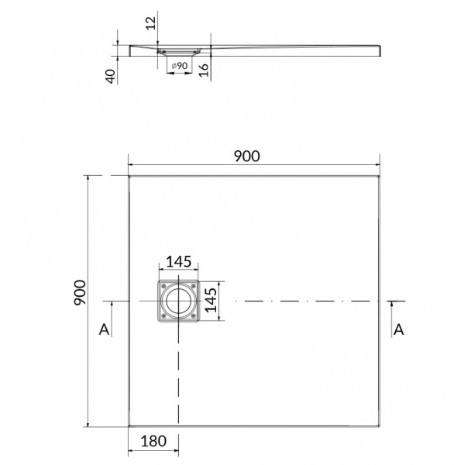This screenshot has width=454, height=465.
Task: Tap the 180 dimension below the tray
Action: coord(154,442)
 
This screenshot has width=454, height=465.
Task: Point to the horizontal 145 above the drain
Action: coord(179,260)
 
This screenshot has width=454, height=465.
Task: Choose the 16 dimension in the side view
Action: coord(204,67)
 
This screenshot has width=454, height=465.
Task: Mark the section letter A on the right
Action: coord(399,330)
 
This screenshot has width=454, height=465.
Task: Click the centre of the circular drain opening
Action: coord(180,301)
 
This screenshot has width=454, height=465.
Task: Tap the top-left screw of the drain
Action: coord(163,285)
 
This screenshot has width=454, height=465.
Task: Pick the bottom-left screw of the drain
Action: coord(163,316)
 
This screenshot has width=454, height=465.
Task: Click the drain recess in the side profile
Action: coord(180,51)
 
